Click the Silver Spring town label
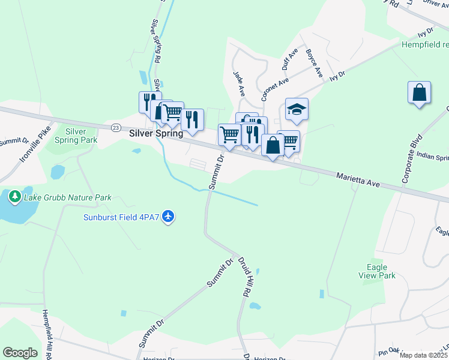click(156, 134)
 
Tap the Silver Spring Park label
click(80, 136)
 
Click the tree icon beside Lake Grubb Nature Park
click(14, 196)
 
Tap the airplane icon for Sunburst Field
click(169, 215)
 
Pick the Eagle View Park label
click(381, 271)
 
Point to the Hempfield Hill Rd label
click(46, 333)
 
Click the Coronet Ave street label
click(275, 88)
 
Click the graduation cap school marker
click(297, 110)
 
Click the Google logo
click(20, 353)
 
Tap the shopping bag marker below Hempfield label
click(419, 93)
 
